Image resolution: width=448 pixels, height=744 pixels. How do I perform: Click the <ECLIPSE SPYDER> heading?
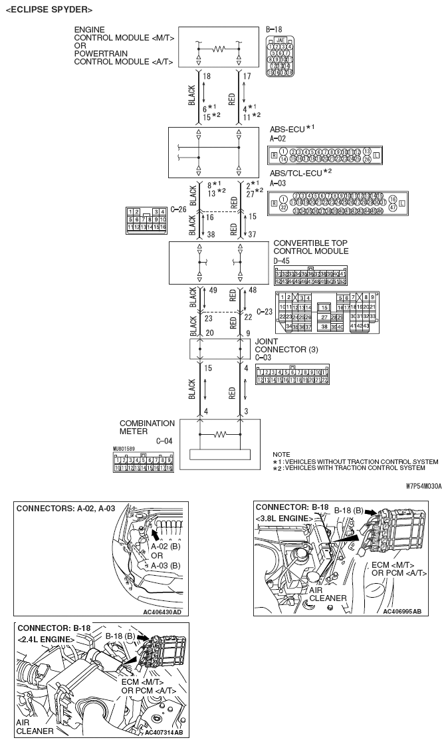(49, 9)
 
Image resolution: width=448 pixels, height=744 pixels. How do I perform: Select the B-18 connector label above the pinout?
(274, 30)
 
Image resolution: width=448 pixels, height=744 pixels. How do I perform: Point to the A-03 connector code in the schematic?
(278, 182)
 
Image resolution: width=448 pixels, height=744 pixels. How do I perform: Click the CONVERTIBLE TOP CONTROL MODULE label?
(310, 247)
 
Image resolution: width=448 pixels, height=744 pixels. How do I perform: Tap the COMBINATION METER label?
(147, 428)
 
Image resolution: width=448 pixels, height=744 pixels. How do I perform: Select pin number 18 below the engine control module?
(206, 76)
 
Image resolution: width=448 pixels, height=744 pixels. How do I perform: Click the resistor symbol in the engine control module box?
(219, 49)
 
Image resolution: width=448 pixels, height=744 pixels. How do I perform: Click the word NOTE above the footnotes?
(282, 455)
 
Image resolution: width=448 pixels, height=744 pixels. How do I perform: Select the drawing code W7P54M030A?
(423, 485)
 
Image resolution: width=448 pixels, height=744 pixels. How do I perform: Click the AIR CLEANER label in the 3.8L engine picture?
(328, 594)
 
